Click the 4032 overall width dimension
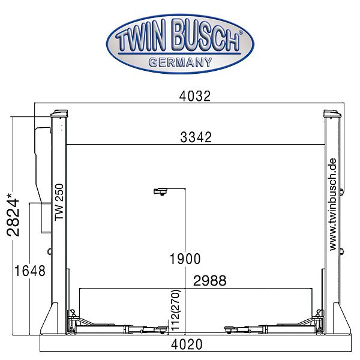194,96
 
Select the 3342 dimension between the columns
196,137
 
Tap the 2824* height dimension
13,215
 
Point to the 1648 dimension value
30,271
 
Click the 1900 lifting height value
185,259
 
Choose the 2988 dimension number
210,281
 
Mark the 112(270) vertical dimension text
176,310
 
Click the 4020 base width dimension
187,344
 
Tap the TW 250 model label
59,202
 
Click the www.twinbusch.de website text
332,205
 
